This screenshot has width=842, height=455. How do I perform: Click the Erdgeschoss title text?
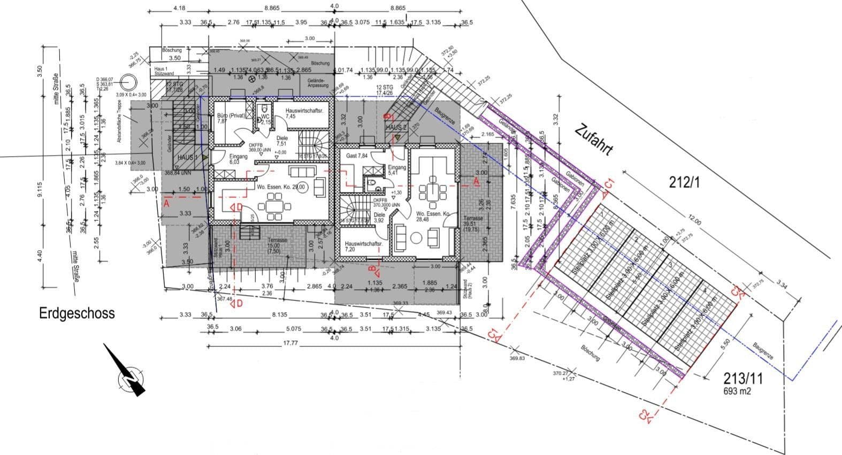77,313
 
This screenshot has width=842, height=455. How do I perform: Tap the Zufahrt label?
593,140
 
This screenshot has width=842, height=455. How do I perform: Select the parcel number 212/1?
684,182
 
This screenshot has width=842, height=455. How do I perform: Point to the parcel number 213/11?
743,379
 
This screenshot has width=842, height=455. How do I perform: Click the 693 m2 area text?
737,391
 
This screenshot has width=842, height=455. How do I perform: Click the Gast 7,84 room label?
357,156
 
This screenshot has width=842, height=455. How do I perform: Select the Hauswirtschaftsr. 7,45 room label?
304,113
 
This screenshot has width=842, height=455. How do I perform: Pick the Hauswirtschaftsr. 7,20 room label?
364,246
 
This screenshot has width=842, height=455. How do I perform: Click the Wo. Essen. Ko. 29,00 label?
281,187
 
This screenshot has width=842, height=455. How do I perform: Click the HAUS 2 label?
396,128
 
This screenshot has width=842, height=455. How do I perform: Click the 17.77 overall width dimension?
290,343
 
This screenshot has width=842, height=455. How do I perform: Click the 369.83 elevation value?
518,358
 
